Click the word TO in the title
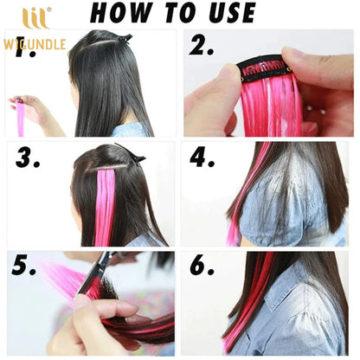click(x=174, y=13)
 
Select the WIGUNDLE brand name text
click(x=34, y=44)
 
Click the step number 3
click(x=29, y=157)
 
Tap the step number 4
click(x=202, y=157)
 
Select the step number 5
click(x=24, y=267)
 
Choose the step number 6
click(x=202, y=267)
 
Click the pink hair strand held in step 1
click(x=20, y=117)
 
